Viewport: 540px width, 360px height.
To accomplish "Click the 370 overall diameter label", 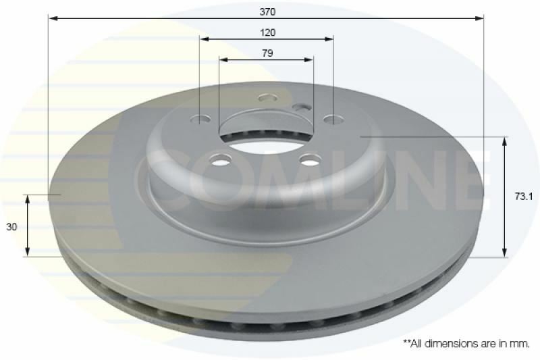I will coord(267,11).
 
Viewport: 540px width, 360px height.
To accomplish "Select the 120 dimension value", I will coord(267,32).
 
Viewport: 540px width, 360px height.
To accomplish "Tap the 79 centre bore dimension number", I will coord(267,53).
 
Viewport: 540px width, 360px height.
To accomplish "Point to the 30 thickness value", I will coord(11,228).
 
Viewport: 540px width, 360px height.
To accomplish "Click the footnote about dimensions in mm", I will coord(466,344).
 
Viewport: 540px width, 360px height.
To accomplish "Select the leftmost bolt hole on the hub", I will coord(201,120).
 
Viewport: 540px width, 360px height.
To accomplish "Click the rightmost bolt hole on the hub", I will coord(332,120).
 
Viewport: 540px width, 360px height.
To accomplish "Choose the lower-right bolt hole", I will coord(310,159).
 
